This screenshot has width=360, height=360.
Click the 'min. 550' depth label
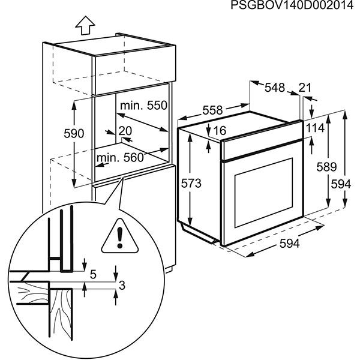coord(143,106)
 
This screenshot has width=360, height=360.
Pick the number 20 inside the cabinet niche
coord(125,131)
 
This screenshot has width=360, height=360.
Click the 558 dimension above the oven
coord(212,110)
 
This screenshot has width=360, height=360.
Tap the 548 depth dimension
coord(274,88)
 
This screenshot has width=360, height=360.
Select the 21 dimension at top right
coord(305,88)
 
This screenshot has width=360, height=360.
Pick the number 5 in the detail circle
coord(93,275)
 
